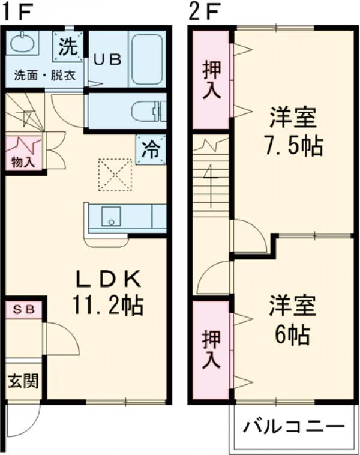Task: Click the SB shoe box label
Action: pyautogui.click(x=24, y=310)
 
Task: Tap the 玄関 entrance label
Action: pyautogui.click(x=23, y=380)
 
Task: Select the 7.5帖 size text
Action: pyautogui.click(x=292, y=145)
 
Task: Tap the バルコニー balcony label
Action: pyautogui.click(x=293, y=427)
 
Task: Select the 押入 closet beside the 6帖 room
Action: pyautogui.click(x=211, y=349)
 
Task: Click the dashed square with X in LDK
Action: pyautogui.click(x=115, y=175)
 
